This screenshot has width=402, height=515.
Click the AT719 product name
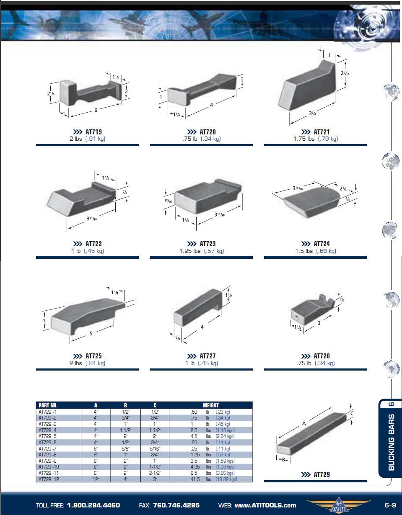(x=93, y=132)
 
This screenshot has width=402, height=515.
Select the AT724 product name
(x=322, y=244)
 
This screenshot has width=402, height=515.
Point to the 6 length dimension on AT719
(x=96, y=110)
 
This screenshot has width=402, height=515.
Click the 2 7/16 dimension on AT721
(x=345, y=73)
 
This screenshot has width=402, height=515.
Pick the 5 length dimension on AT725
(x=91, y=333)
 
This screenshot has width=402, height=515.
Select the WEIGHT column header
(x=210, y=405)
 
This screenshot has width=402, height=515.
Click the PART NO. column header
(x=48, y=405)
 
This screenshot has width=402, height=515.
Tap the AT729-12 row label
(x=49, y=479)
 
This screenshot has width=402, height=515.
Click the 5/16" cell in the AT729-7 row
(x=155, y=449)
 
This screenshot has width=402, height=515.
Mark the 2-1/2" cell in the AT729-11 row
(x=155, y=473)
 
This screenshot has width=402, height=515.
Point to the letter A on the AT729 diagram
(x=304, y=423)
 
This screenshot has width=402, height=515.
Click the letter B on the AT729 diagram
(x=283, y=460)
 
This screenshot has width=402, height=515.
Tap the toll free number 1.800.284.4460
(x=93, y=505)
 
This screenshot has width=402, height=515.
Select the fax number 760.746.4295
(x=176, y=505)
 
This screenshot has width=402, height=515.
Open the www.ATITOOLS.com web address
(x=265, y=505)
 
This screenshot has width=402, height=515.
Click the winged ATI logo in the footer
(x=339, y=505)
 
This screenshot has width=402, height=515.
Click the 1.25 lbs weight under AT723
(x=190, y=251)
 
